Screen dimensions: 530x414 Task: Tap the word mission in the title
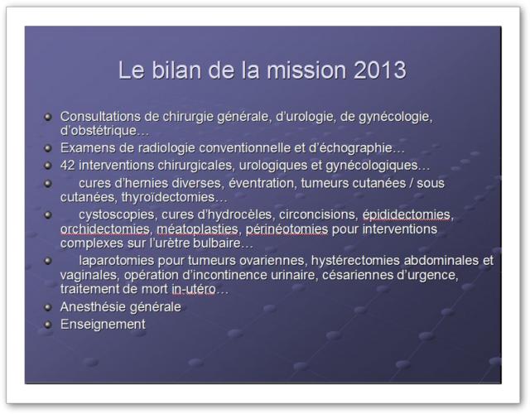pos(306,70)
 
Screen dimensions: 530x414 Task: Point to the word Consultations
pos(100,117)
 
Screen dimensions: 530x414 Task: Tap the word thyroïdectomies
pos(168,197)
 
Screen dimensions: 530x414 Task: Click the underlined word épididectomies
pos(407,214)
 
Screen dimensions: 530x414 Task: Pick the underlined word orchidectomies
pos(105,229)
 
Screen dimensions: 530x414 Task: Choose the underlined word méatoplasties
pos(197,229)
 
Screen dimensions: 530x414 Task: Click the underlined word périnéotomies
pos(287,229)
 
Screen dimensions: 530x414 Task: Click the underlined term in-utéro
pos(194,289)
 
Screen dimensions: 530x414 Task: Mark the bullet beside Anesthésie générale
pos(48,307)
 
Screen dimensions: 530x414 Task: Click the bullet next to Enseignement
pos(48,325)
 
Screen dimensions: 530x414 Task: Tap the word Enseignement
pos(103,325)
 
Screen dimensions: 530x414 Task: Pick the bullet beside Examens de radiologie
pos(48,148)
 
